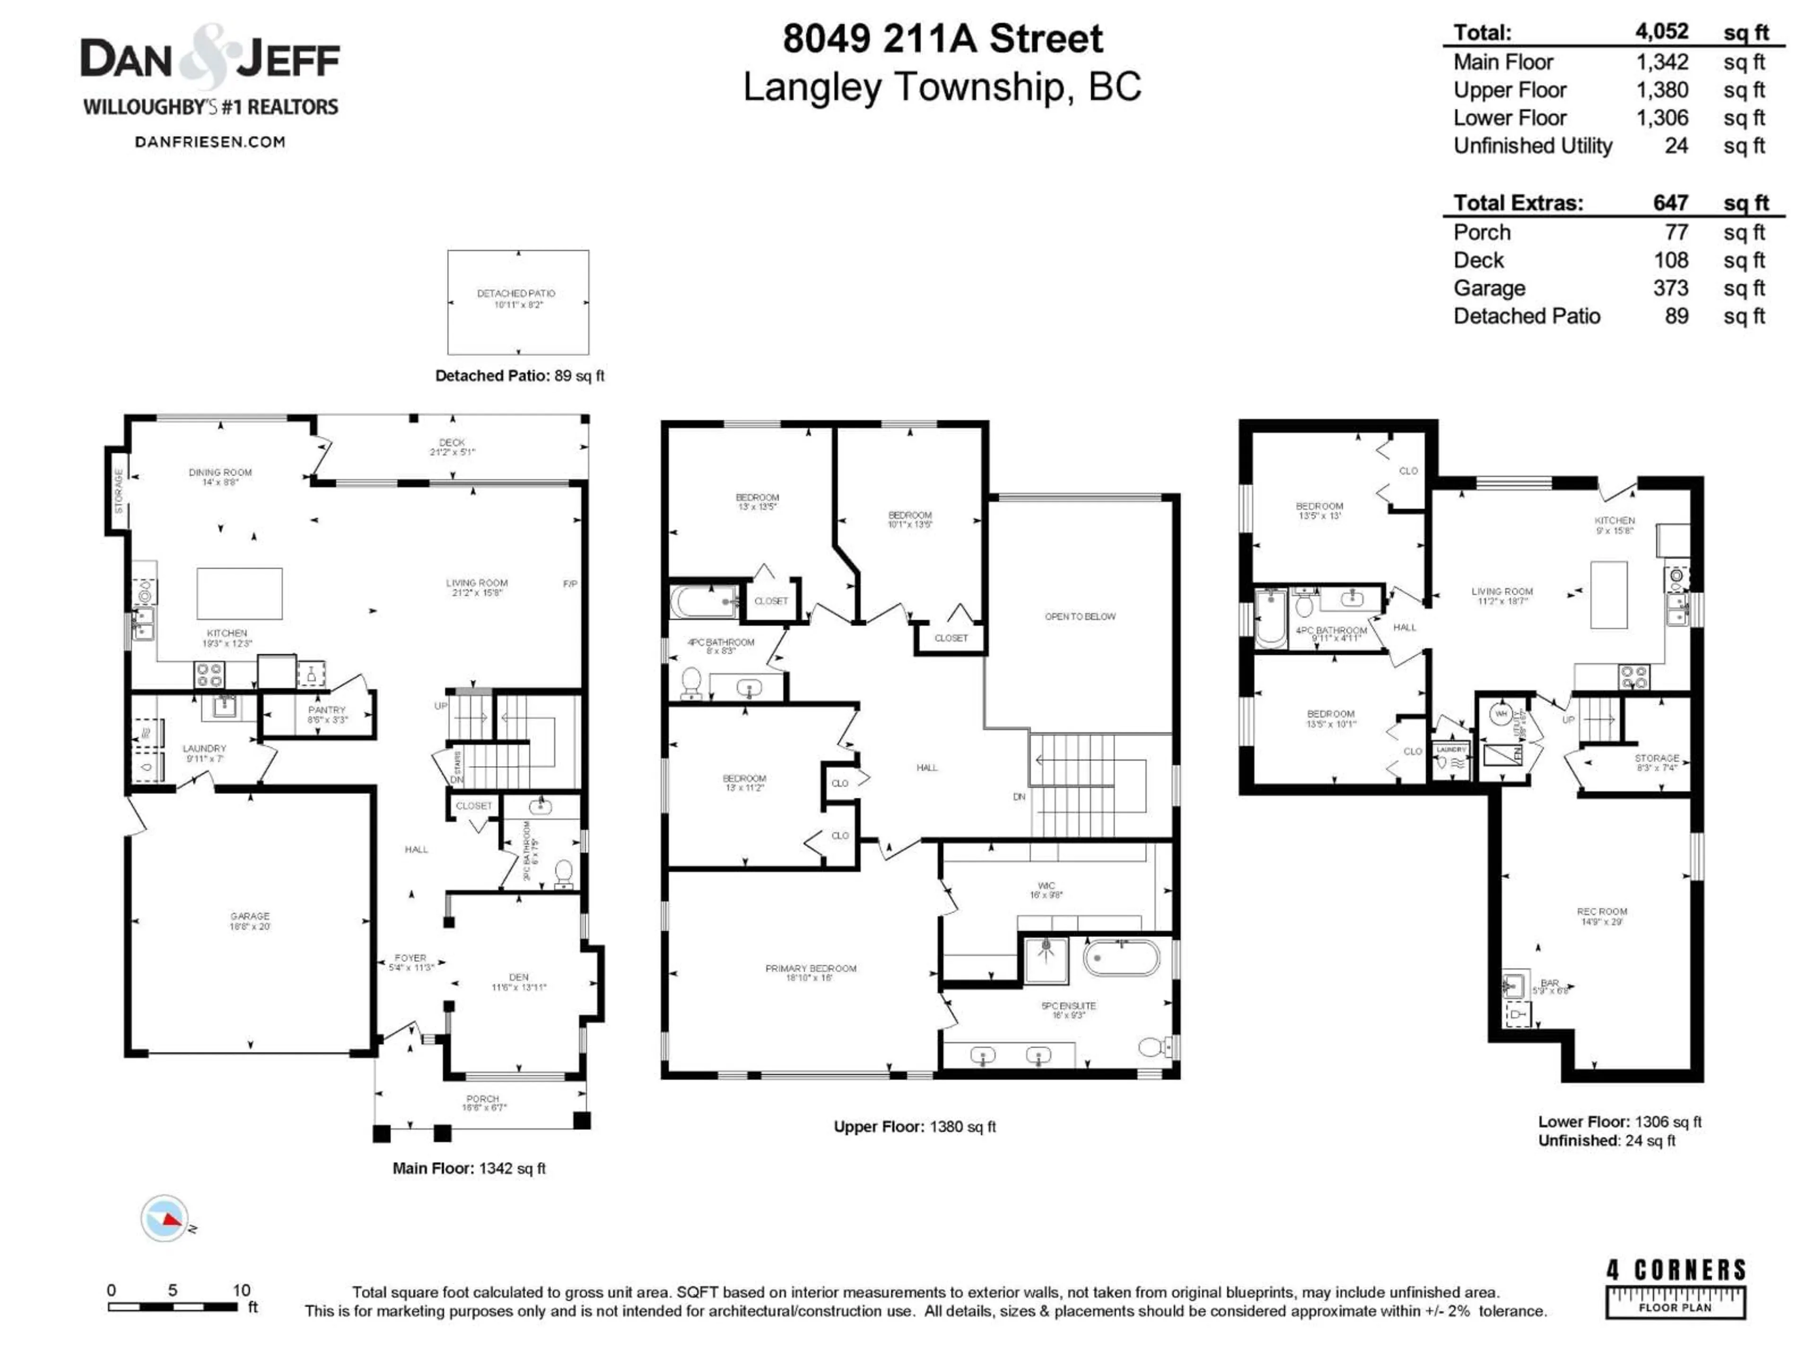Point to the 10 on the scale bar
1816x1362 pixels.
241,1290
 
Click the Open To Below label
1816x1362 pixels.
1080,617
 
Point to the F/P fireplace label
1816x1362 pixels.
570,584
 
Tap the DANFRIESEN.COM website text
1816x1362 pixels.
210,142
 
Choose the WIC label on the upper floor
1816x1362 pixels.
1046,886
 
